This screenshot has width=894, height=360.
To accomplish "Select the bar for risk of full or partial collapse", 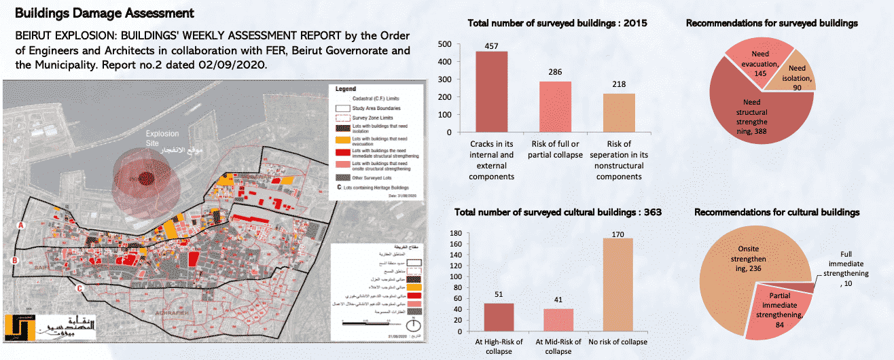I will (x=555, y=107).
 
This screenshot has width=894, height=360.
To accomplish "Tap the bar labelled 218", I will (x=619, y=113).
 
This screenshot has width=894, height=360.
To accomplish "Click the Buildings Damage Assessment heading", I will (x=104, y=13).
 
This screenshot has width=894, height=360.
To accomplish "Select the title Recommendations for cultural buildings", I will (x=776, y=213).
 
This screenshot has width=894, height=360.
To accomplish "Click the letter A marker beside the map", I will (x=21, y=224).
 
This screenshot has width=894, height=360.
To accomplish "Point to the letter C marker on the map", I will (x=79, y=288).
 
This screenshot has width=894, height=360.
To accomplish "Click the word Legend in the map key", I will (x=346, y=89).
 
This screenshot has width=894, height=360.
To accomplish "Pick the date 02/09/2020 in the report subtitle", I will (x=235, y=66).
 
